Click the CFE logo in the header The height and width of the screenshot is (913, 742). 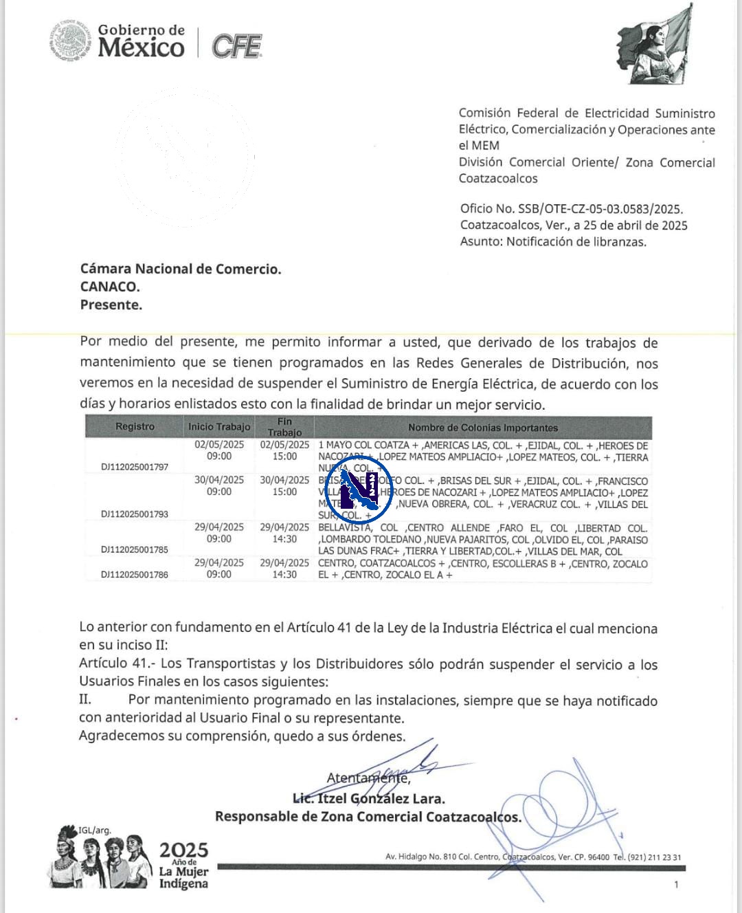click(x=236, y=46)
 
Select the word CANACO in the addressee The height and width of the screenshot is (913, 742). click(x=110, y=287)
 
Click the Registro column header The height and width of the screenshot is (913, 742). click(x=135, y=426)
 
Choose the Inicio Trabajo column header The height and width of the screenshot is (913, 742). click(x=219, y=427)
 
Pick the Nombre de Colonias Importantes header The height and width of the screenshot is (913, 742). click(x=482, y=428)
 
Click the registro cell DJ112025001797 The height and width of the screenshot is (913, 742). click(x=135, y=467)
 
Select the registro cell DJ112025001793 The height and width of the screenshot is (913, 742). click(x=135, y=514)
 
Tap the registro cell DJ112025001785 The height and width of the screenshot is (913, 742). click(x=135, y=550)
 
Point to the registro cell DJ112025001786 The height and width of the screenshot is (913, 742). click(x=135, y=575)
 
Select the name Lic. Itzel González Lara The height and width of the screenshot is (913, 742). click(x=369, y=799)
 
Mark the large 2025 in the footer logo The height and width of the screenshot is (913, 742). click(x=183, y=850)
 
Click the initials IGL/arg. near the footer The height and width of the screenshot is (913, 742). click(x=95, y=830)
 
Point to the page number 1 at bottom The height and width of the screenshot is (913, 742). click(x=676, y=885)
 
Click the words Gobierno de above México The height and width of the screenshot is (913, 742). click(x=142, y=30)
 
